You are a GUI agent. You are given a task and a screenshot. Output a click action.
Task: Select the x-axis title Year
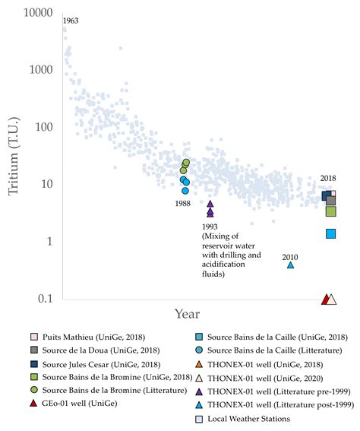tap(187, 313)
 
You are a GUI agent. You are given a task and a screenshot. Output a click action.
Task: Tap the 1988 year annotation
tap(183, 204)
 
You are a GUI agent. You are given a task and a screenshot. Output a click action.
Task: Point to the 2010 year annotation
tap(289, 256)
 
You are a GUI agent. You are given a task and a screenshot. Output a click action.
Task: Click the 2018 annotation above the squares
tap(327, 178)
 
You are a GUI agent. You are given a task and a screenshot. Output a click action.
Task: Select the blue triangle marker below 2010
tap(289, 265)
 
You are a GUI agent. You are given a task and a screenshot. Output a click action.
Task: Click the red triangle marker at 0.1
tap(324, 299)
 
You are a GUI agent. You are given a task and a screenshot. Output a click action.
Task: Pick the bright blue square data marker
tap(330, 233)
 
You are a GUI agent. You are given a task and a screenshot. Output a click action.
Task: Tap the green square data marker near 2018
tap(330, 211)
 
